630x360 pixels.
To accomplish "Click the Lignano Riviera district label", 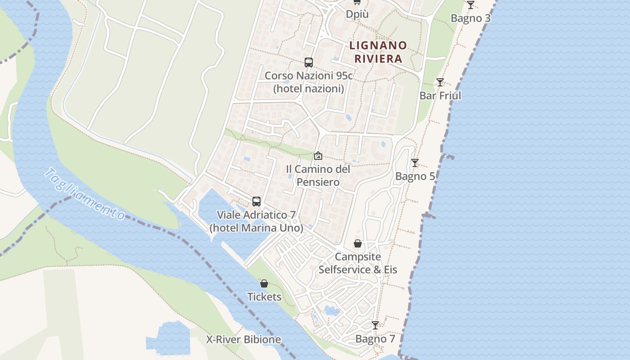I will [x=378, y=52].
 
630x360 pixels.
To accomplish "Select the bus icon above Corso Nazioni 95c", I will [x=308, y=63].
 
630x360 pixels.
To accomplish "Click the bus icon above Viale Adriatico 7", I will [x=256, y=202].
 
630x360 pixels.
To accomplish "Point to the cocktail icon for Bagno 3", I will [x=470, y=5].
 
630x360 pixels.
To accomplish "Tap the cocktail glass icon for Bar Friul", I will [x=440, y=82].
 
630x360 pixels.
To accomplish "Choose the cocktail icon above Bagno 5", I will [x=415, y=163].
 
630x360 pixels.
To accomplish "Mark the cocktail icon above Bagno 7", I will [x=375, y=325].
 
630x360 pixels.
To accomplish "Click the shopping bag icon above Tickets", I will [x=264, y=283].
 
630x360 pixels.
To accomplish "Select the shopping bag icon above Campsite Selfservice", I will [x=358, y=243].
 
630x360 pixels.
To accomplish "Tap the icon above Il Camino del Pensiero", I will [x=318, y=156].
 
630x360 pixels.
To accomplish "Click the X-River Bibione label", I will [x=243, y=339].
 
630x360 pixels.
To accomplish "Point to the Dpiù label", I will [x=357, y=14].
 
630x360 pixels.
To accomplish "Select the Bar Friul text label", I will [x=440, y=95].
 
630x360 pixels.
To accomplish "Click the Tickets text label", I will [x=264, y=297].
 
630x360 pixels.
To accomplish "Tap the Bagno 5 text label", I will [x=415, y=176].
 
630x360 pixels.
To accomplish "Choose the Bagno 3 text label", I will [x=470, y=18].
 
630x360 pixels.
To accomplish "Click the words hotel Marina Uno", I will [x=256, y=228].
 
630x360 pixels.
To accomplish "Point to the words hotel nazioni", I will [x=308, y=89].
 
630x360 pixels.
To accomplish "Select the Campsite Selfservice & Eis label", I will [x=358, y=263].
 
